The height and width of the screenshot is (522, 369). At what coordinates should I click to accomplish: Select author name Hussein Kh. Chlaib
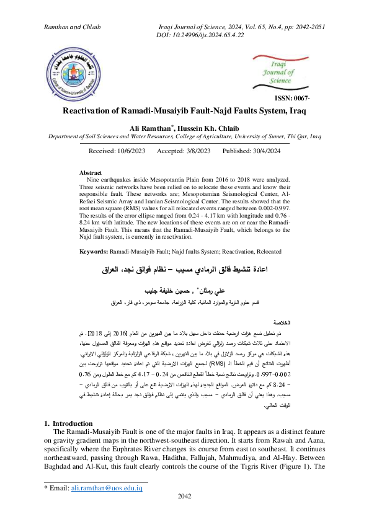click(x=205, y=128)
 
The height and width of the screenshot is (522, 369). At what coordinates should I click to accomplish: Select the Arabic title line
click(x=185, y=271)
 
